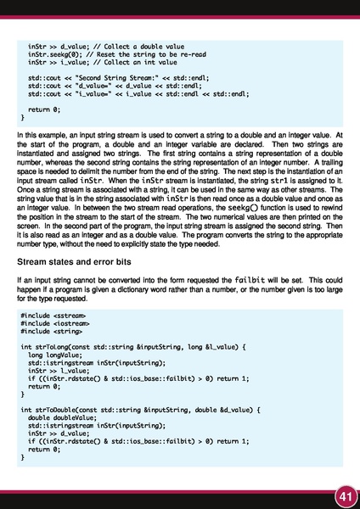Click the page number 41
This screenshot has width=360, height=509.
pos(344,495)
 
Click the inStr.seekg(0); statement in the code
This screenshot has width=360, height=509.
pos(53,54)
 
